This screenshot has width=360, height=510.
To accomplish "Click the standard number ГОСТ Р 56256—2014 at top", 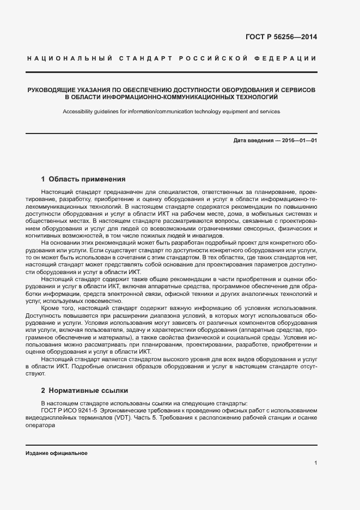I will pyautogui.click(x=282, y=38).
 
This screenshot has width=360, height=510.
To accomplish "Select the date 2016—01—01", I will pyautogui.click(x=298, y=141).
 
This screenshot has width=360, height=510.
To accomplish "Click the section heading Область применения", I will pyautogui.click(x=87, y=179).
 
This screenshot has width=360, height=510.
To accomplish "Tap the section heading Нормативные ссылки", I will pyautogui.click(x=91, y=390).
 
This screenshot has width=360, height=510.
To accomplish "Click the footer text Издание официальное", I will pyautogui.click(x=56, y=453).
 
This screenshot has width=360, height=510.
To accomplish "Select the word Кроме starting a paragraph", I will pyautogui.click(x=51, y=308).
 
